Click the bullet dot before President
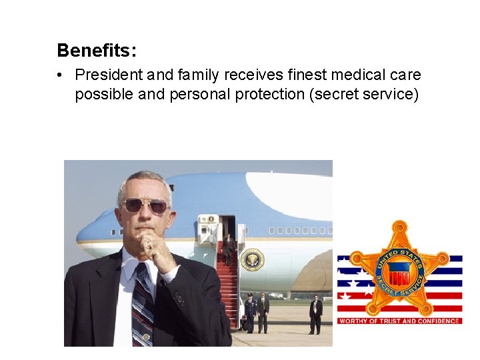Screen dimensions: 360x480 coord(61,75)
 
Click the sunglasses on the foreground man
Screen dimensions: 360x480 coord(145,205)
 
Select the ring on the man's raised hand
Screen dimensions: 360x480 coord(149,245)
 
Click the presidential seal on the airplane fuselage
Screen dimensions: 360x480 coord(253,259)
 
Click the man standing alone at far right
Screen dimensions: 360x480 coord(315,314)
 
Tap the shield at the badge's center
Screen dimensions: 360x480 coord(399,273)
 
